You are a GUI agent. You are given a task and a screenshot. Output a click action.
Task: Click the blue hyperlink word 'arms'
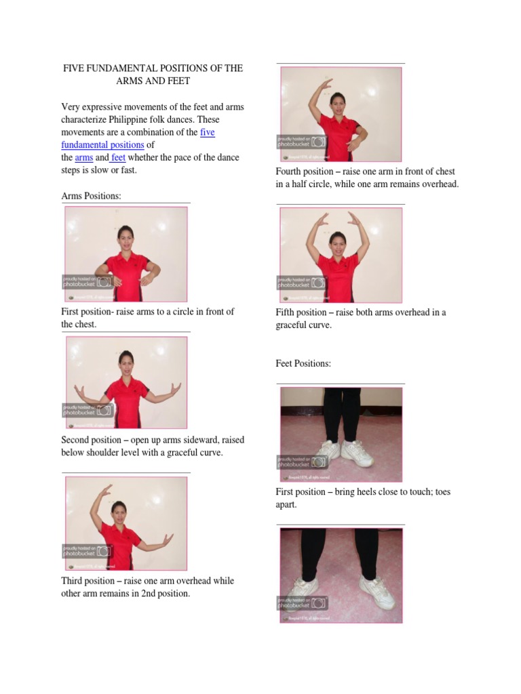click(x=84, y=157)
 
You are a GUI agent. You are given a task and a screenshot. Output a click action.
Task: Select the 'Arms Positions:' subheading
click(x=91, y=196)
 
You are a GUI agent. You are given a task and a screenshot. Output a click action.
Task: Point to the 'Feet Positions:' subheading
click(x=303, y=363)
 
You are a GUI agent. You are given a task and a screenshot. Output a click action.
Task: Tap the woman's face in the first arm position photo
click(x=125, y=235)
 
